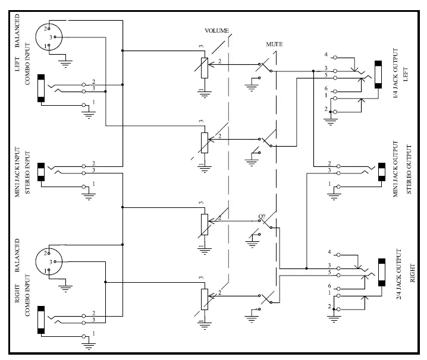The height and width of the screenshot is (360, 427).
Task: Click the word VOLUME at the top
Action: point(216,30)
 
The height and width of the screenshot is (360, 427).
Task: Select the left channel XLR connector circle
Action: point(45,36)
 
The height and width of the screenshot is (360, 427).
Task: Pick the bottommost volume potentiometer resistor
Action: point(204,299)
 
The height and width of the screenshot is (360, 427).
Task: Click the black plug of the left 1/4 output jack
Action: point(378,75)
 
